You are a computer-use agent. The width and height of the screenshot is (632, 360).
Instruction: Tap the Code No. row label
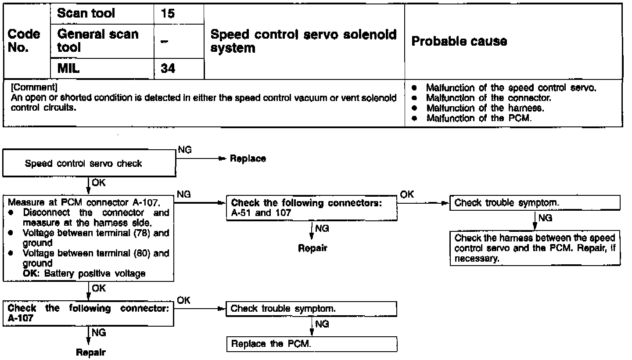point(24,41)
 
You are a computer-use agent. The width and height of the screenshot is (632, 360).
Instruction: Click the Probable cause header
point(459,41)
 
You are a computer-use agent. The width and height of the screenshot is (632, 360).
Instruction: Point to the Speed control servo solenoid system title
point(303,41)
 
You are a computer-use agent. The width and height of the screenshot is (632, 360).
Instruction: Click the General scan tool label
point(97,41)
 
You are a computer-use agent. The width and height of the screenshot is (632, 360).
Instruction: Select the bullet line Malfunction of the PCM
point(478,118)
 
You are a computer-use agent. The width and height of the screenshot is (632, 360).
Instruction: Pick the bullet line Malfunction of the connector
point(488,98)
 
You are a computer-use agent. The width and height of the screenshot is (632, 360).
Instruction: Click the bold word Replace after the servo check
point(248,159)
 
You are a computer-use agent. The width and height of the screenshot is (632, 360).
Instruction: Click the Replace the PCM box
point(311,344)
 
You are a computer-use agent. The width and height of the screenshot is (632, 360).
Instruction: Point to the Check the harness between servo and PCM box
point(535,248)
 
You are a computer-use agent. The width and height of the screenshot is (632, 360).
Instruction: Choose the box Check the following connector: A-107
point(88,313)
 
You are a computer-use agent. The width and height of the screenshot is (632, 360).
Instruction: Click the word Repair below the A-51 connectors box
point(312,248)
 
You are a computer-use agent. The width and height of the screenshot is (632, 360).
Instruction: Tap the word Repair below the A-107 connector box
point(90,352)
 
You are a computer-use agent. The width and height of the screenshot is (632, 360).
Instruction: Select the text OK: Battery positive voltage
point(83,273)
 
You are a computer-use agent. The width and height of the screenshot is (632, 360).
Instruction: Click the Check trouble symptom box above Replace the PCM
point(311,309)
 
